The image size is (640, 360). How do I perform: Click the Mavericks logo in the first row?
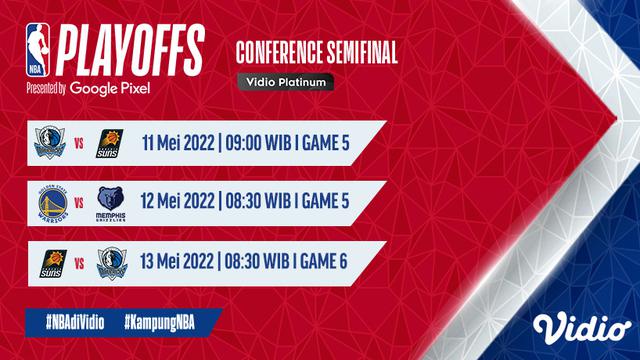[49, 146]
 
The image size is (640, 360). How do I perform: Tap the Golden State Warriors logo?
[49, 203]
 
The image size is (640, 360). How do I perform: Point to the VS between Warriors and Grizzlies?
[80, 204]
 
